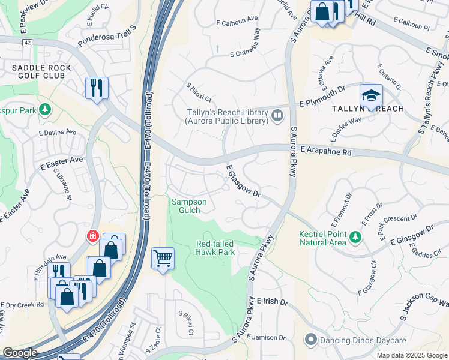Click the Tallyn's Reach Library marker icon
277,115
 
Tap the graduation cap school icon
371,96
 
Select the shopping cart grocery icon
163,259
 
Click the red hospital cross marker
93,236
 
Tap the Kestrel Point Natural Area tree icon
355,238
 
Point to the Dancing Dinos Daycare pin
310,340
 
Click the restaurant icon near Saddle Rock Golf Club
96,88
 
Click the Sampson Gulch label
190,206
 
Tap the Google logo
20,353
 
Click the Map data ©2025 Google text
411,355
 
